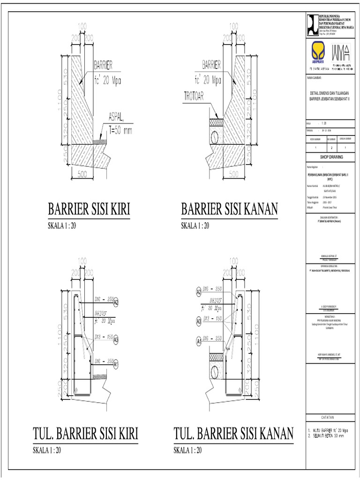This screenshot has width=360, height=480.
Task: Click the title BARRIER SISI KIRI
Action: click(89, 209)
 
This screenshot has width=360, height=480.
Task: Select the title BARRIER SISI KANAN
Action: click(230, 209)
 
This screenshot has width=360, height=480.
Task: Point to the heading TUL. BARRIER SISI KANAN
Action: click(233, 434)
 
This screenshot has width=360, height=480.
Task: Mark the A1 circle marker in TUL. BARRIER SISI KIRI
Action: click(115, 362)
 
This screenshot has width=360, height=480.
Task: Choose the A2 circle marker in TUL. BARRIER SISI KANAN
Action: click(198, 291)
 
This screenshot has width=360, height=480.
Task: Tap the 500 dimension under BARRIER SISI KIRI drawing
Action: click(83, 174)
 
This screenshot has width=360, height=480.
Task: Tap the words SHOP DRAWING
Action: click(331, 158)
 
